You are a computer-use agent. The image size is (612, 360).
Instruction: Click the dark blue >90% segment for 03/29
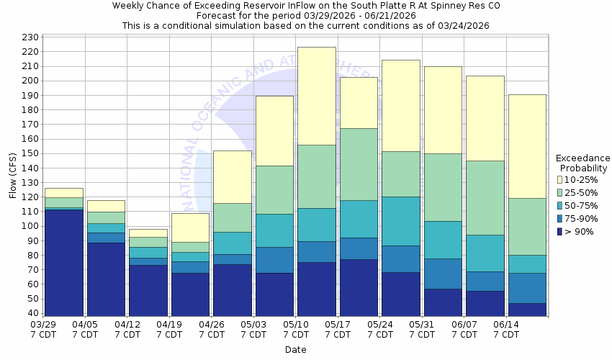[63, 262]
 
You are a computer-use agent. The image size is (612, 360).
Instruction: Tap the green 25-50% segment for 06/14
[527, 226]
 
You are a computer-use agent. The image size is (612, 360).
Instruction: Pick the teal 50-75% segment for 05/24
[401, 221]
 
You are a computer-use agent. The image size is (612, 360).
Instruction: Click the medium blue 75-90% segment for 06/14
[527, 288]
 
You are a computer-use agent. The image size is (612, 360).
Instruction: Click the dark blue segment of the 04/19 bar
[190, 294]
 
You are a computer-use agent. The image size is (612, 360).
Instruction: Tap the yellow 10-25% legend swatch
[559, 180]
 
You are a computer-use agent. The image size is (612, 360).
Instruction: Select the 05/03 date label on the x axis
[253, 325]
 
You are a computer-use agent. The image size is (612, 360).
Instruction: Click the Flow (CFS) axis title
[13, 175]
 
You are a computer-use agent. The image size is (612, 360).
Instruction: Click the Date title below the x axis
[295, 350]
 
